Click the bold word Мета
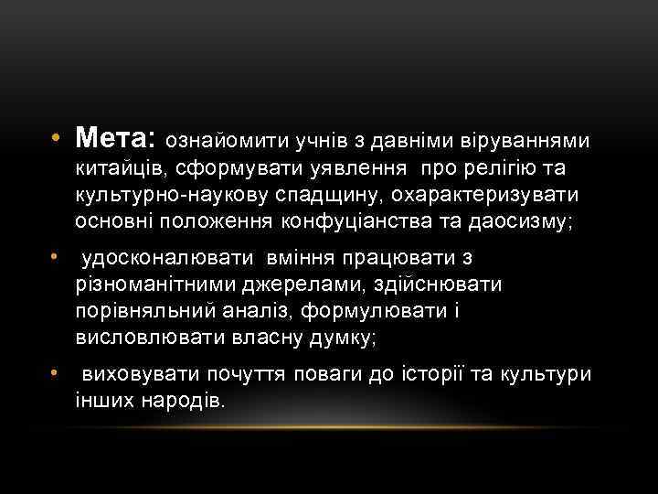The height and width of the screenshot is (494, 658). pyautogui.click(x=116, y=139)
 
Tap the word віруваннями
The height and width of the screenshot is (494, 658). pyautogui.click(x=528, y=142)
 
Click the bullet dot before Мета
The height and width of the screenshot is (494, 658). pyautogui.click(x=56, y=140)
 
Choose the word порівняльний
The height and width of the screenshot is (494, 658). pyautogui.click(x=141, y=312)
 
